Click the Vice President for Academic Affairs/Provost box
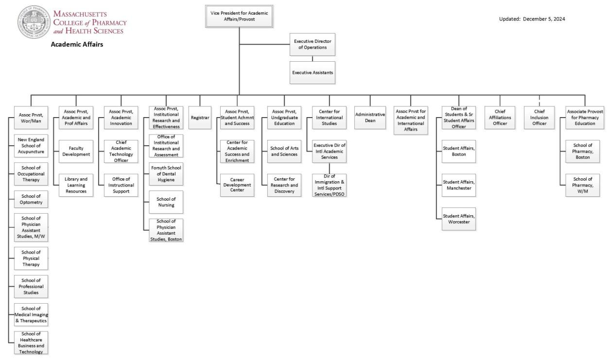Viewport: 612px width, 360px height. pos(239,16)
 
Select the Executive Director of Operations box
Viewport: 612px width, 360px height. pos(313,44)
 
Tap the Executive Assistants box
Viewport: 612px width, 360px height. pos(313,72)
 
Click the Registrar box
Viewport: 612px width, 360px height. pos(199,118)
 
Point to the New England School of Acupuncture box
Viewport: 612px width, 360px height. pos(31,146)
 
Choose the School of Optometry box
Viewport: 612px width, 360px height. pos(31,199)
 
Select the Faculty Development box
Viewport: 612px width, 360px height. pos(76,151)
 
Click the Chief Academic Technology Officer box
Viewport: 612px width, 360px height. pos(121,151)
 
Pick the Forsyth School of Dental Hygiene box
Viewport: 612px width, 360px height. pos(166,174)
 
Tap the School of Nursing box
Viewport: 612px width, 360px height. pos(166,202)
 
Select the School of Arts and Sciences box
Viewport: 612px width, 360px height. pos(284,151)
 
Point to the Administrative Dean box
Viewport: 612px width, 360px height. pos(370,118)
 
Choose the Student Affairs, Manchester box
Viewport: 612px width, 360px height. pos(459,185)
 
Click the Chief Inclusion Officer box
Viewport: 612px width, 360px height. pos(539,118)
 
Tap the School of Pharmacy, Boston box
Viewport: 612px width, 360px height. pos(582,151)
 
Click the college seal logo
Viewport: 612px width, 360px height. pos(34,22)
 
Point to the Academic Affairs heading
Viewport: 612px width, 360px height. pos(77,45)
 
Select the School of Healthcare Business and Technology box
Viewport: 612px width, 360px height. pos(31,343)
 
